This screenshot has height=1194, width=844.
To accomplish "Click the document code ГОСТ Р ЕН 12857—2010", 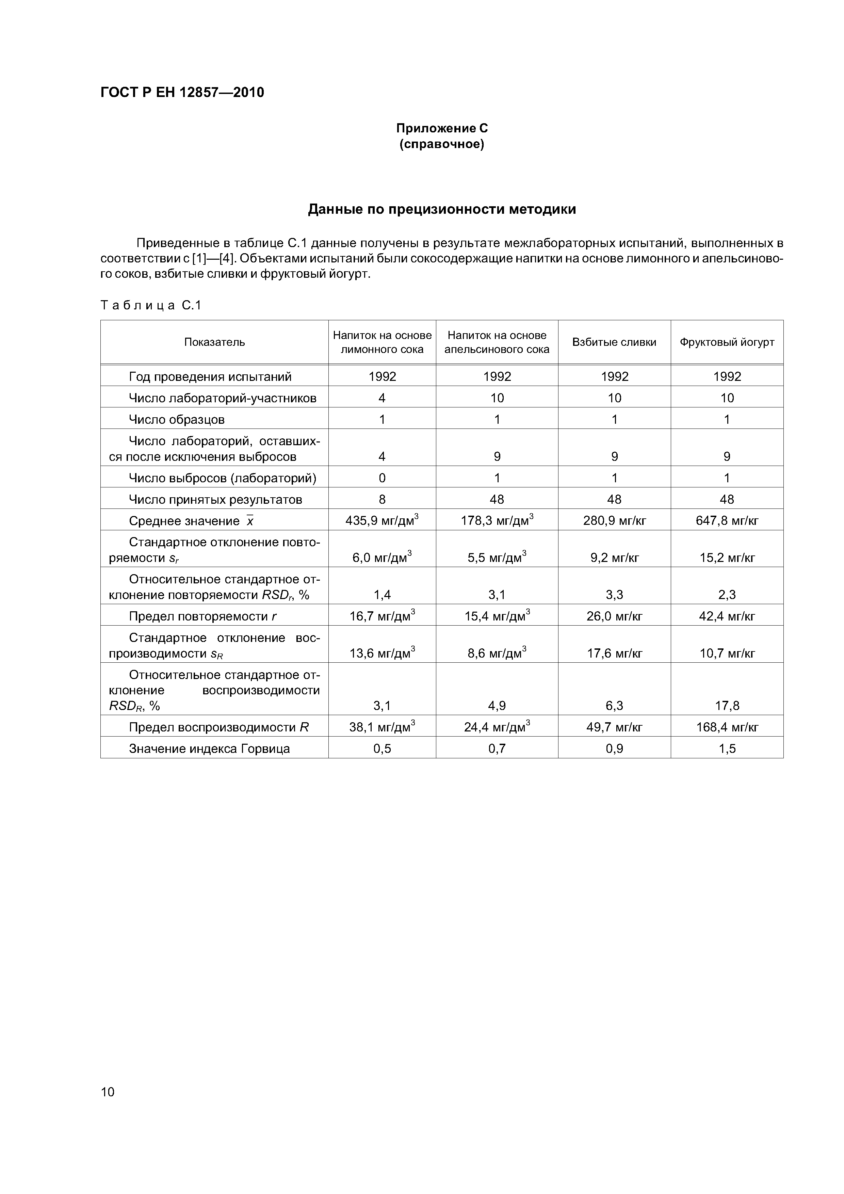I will tap(182, 93).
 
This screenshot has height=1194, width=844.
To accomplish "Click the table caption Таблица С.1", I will tap(151, 305).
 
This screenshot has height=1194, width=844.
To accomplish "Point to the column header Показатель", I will tap(214, 342).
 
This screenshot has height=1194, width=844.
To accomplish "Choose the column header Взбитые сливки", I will tap(614, 342).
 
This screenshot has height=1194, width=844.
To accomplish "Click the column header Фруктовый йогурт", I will tap(727, 342).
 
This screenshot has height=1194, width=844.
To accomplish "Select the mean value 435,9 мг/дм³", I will tap(382, 520).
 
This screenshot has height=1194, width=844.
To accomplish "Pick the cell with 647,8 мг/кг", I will tap(727, 520).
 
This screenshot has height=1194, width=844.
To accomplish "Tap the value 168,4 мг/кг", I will tap(727, 727).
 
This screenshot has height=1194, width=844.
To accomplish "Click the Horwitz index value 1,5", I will tap(727, 748).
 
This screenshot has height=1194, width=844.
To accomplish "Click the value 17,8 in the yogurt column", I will tap(727, 706).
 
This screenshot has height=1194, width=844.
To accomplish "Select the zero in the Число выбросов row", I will tap(382, 478).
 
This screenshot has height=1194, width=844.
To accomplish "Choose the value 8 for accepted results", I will tap(382, 499).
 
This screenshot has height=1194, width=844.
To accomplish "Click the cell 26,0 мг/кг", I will tap(614, 616).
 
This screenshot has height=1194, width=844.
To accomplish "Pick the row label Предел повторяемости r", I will tap(203, 616).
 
